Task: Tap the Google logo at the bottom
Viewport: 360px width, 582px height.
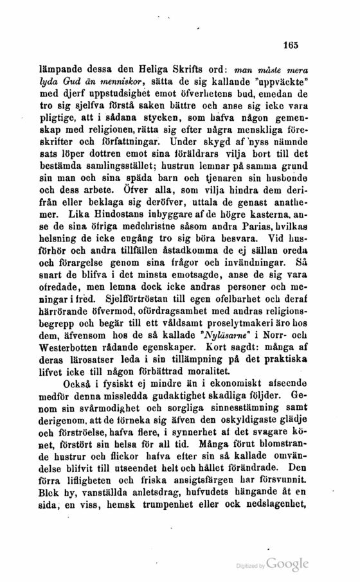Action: coord(287,563)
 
